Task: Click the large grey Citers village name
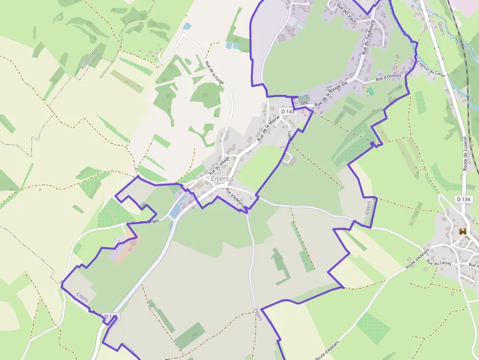tap(219, 179)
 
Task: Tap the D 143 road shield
tap(288, 111)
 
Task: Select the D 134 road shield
tap(464, 199)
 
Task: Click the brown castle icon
tap(462, 232)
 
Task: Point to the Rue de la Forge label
tap(215, 73)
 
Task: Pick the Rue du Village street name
tap(219, 166)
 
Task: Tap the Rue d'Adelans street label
tap(235, 198)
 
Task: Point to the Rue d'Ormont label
tap(389, 77)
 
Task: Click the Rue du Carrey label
tap(438, 263)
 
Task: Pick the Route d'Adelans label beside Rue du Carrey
tap(417, 258)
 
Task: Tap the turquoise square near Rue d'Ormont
tap(370, 91)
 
